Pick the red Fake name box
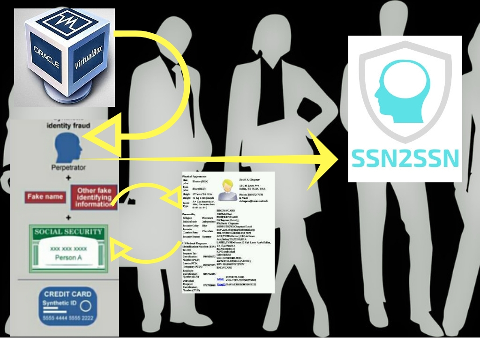pos(45,197)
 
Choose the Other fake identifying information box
pos(94,197)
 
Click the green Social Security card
pos(68,248)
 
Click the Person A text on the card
pos(68,258)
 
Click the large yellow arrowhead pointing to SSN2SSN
pos(323,159)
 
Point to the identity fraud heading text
pos(68,126)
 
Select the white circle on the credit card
pos(85,307)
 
